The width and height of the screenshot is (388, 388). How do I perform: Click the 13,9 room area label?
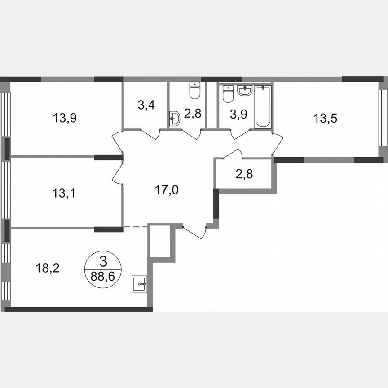[x=65, y=119]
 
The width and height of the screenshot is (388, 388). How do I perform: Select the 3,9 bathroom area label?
[x=238, y=115]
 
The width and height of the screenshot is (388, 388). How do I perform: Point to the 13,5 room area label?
[x=325, y=119]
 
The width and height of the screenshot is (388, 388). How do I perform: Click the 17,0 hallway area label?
[x=167, y=190]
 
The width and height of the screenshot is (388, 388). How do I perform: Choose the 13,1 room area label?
[x=63, y=193]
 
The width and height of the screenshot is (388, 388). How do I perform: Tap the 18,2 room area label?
[x=47, y=269]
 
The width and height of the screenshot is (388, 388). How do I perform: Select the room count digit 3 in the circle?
[x=103, y=260]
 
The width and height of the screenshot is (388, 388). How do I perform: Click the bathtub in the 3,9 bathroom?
[x=263, y=106]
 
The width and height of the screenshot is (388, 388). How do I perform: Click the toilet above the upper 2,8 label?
[x=194, y=91]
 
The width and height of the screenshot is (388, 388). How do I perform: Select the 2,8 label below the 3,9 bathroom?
[x=244, y=174]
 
